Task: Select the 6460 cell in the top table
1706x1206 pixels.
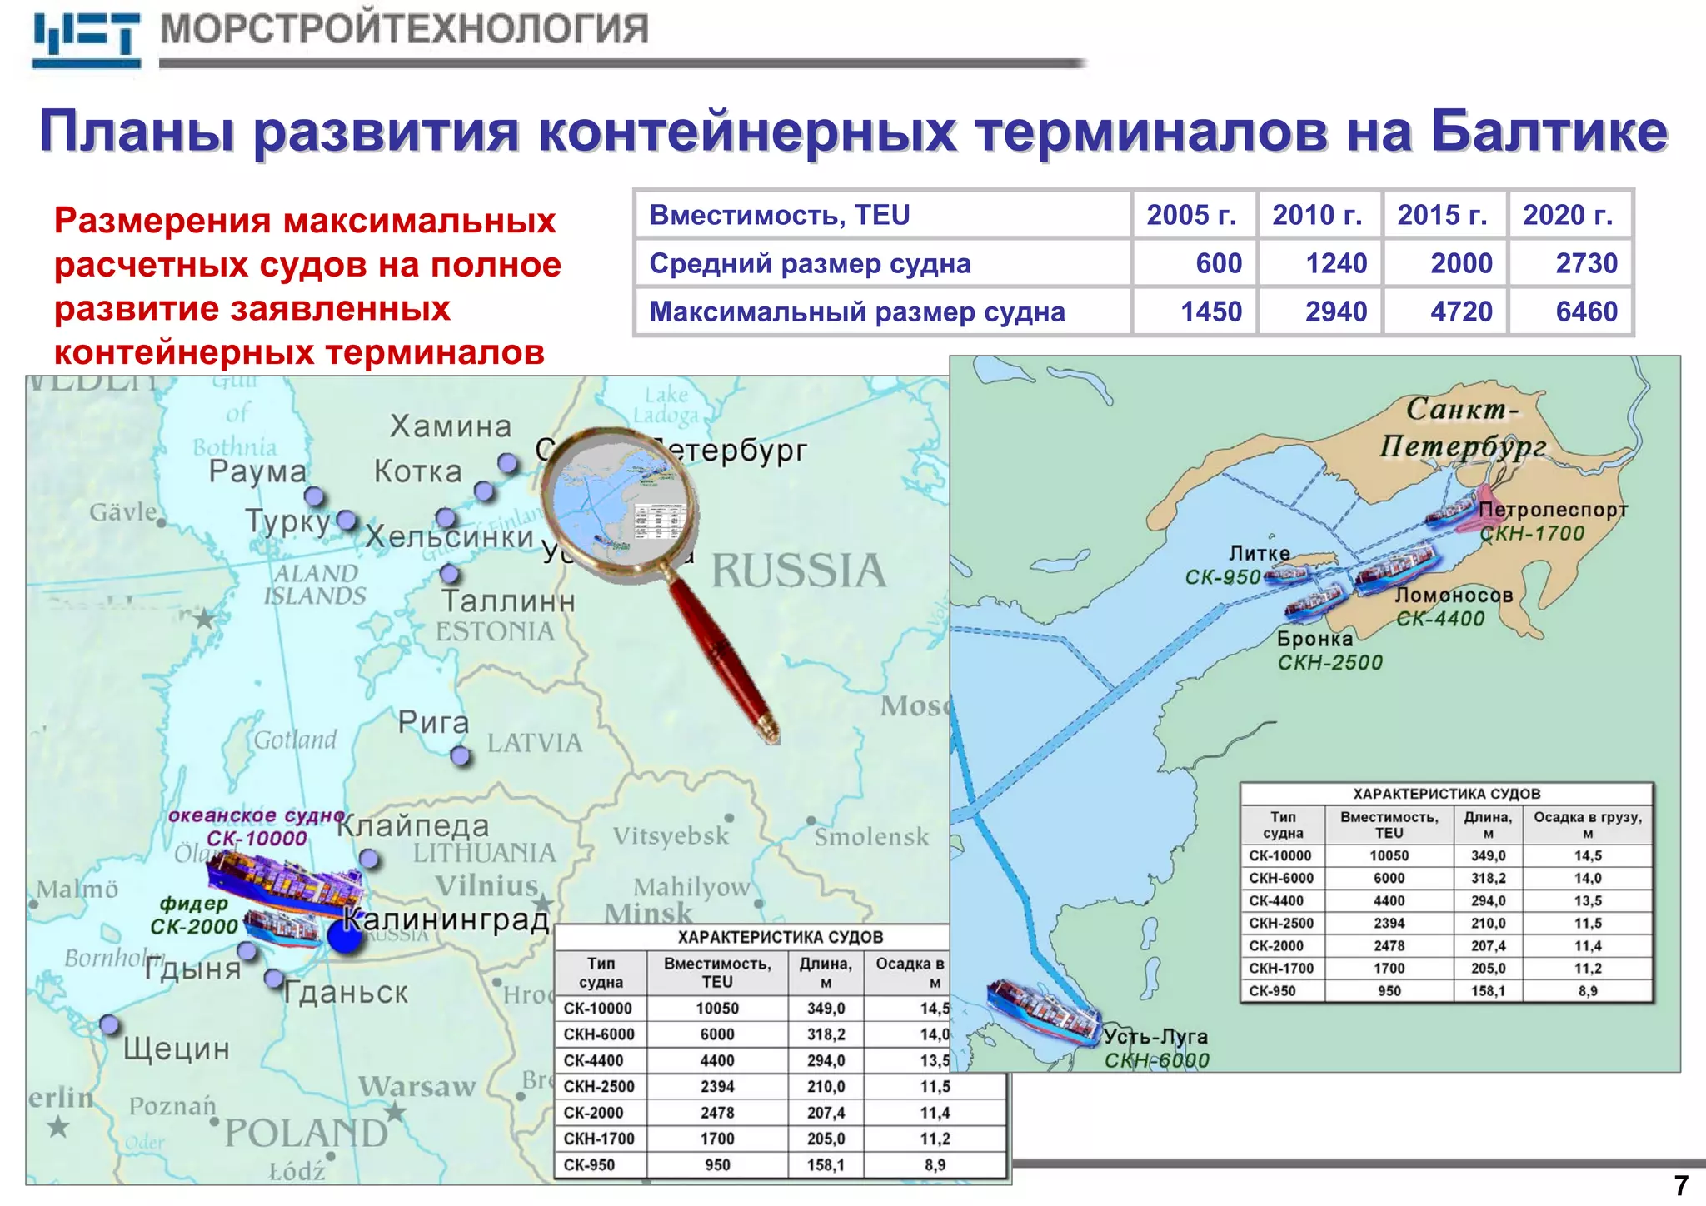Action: click(x=1585, y=311)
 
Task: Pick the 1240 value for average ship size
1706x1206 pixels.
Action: click(x=1335, y=263)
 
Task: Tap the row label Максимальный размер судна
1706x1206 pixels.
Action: click(x=856, y=311)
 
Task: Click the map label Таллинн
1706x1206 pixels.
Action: click(x=508, y=601)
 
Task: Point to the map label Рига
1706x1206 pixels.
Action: click(x=433, y=722)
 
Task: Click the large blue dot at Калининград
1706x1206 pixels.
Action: click(x=345, y=936)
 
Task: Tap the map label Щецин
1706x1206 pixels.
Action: click(x=177, y=1048)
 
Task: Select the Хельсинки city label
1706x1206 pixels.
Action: click(x=450, y=537)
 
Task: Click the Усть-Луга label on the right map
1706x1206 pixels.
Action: click(x=1155, y=1037)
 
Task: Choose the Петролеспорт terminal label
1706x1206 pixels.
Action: click(x=1553, y=510)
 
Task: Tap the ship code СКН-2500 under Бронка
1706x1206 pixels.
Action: click(x=1329, y=663)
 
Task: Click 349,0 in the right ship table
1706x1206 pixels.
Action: click(x=1488, y=855)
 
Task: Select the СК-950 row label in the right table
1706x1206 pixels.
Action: click(x=1272, y=991)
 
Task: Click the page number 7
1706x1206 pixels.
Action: click(x=1681, y=1185)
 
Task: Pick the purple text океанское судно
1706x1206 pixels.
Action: click(x=256, y=815)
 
